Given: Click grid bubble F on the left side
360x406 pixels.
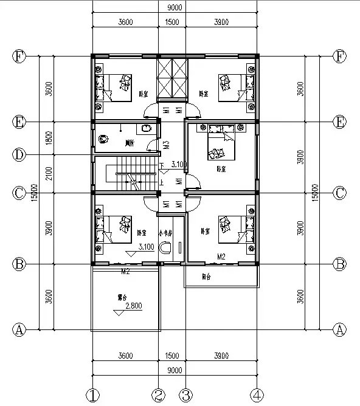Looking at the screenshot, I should (19, 57).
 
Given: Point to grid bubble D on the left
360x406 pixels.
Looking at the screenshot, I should (19, 155).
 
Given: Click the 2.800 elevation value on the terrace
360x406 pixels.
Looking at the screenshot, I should (134, 306).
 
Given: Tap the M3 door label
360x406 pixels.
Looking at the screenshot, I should (166, 146).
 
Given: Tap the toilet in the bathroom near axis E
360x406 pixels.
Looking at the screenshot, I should (145, 129).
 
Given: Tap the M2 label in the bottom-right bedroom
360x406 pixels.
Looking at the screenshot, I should (223, 257).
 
